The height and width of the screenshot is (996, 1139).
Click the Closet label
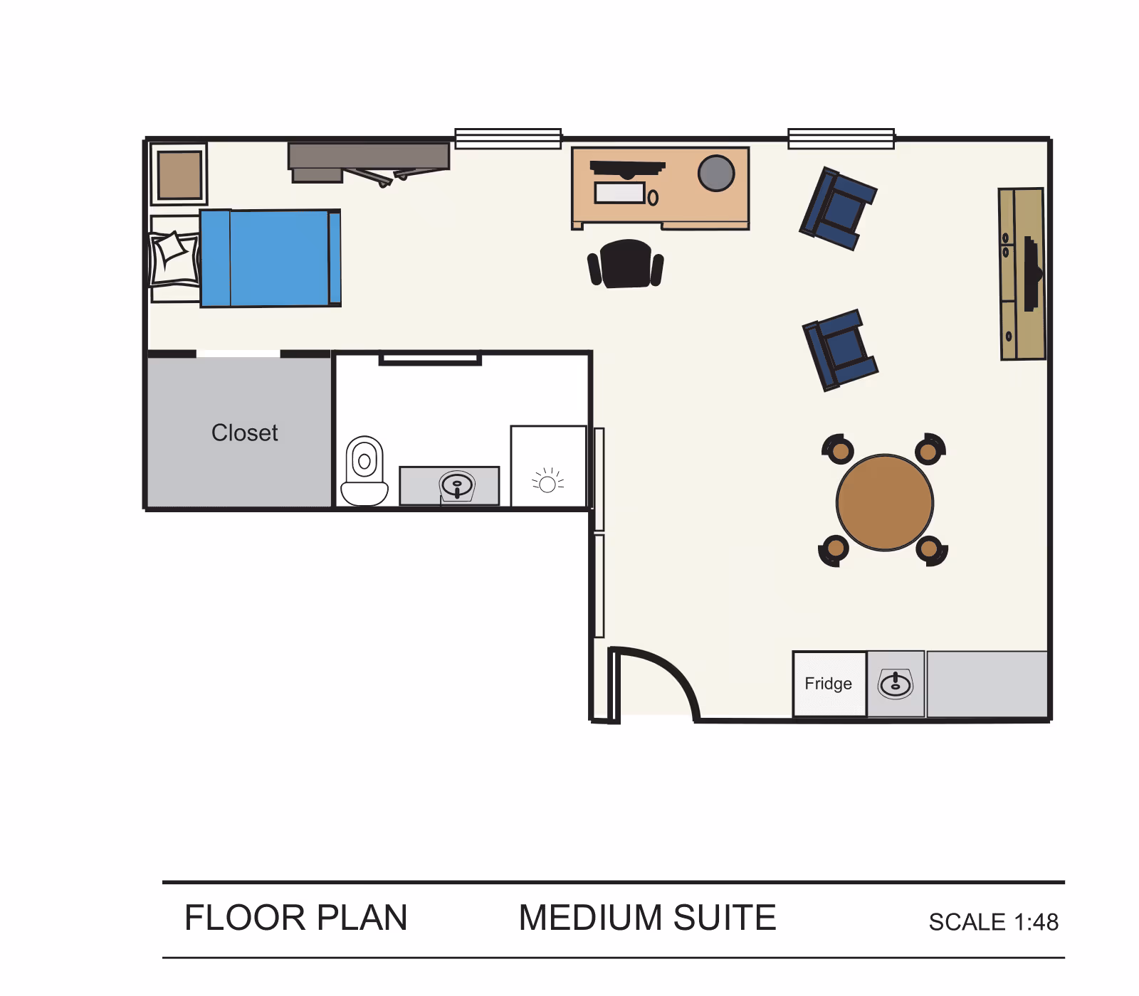tap(244, 433)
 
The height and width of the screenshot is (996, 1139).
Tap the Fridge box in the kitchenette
tap(829, 684)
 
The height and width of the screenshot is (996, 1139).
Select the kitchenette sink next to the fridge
tap(895, 684)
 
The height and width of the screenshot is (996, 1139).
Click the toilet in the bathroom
tap(364, 471)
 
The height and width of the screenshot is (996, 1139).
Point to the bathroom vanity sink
tap(456, 486)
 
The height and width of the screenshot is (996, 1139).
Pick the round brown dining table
tap(884, 502)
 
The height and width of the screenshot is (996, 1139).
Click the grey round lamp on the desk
tap(715, 173)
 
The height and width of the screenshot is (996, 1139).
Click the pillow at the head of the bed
tap(174, 258)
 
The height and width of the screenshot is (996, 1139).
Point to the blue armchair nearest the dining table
tap(840, 349)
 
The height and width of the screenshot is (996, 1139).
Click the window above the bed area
tap(508, 139)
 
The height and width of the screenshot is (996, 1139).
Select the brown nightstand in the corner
tap(179, 174)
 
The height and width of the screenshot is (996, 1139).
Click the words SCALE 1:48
tap(993, 922)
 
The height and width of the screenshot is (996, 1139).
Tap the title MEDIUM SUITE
tap(646, 918)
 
